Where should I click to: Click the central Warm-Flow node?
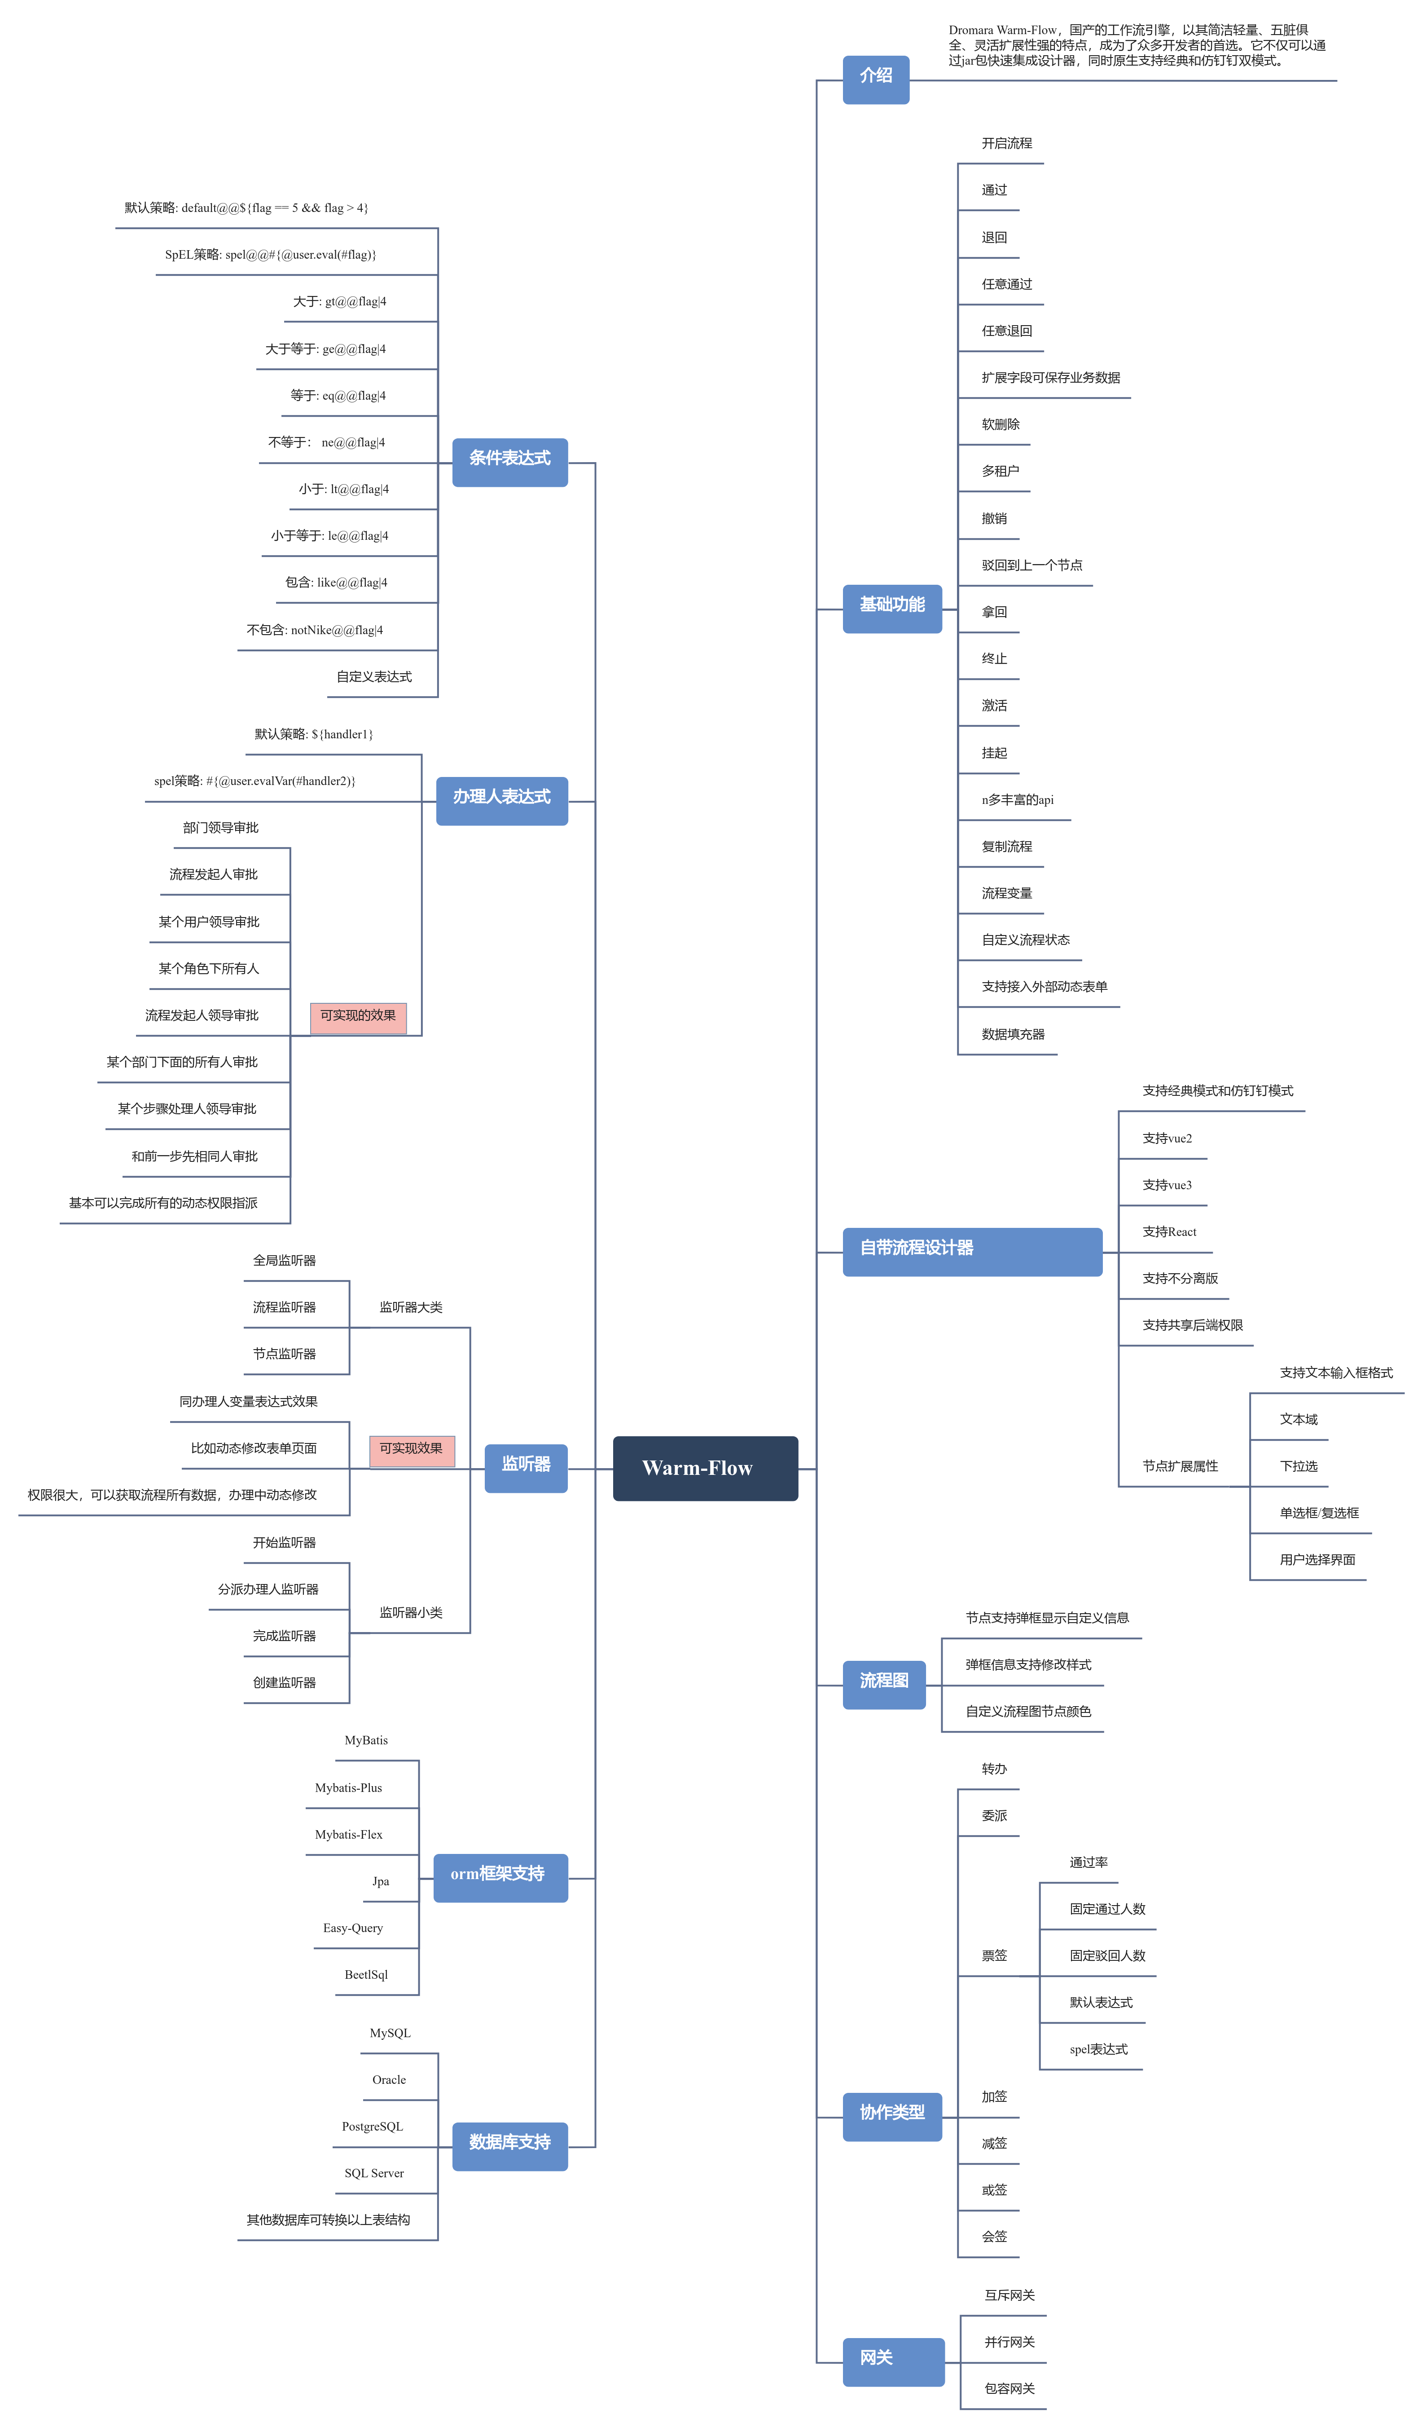[x=705, y=1468]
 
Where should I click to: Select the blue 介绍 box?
[x=875, y=79]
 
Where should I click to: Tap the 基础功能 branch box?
[x=891, y=608]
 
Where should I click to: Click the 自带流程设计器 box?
[x=971, y=1251]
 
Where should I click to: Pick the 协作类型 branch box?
[x=891, y=2116]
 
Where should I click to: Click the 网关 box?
[x=892, y=2361]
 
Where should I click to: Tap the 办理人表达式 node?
[x=501, y=800]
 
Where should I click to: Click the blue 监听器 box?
[x=526, y=1468]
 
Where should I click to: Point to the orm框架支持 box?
[x=500, y=1877]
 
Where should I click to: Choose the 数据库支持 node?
[x=509, y=2146]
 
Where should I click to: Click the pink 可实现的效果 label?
[x=358, y=1017]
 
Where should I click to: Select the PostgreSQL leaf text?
[x=373, y=2127]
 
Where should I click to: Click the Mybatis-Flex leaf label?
[x=348, y=1835]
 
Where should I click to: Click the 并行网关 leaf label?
[x=1009, y=2342]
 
